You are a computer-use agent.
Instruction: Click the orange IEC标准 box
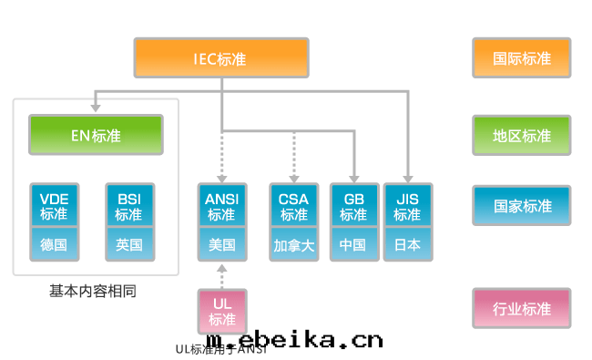point(221,57)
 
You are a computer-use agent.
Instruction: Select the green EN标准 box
point(96,134)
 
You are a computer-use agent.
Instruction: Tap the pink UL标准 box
point(222,311)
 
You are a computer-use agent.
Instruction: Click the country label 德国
point(55,244)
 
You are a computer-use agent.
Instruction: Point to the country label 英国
point(129,244)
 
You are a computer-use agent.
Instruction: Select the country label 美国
point(222,244)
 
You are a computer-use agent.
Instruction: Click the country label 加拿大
point(294,244)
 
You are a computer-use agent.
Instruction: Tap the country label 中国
point(353,244)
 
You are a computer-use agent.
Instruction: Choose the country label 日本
point(407,244)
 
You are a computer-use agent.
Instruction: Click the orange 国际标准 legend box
point(522,57)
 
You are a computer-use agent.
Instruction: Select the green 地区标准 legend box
point(522,135)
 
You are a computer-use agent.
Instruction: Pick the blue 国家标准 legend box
point(522,205)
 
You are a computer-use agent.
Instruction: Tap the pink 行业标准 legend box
point(522,308)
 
